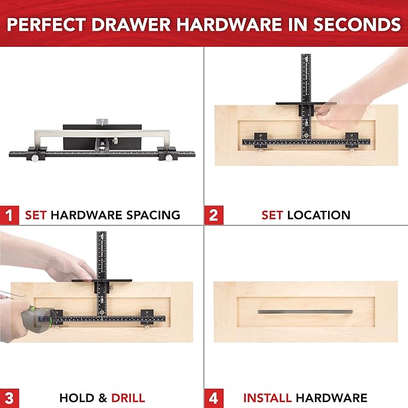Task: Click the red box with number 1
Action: [9, 215]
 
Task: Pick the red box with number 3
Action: [9, 397]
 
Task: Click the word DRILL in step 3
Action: [127, 398]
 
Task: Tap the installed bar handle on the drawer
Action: [305, 311]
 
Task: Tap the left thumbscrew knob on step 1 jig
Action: [36, 158]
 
